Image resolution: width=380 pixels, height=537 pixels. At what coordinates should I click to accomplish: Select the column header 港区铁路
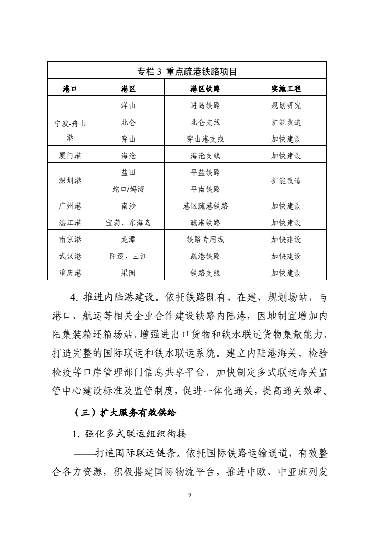(x=205, y=89)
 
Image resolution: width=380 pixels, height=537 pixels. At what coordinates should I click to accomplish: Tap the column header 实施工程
(x=286, y=89)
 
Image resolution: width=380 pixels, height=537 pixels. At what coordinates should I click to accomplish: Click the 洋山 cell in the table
(x=128, y=106)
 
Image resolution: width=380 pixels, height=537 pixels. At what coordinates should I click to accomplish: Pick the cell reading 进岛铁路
(x=205, y=106)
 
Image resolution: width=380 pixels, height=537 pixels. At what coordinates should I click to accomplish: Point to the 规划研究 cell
(x=286, y=106)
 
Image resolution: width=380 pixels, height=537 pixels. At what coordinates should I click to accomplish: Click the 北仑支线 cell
(x=205, y=123)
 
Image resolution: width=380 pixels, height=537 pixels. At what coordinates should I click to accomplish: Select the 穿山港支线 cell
(x=205, y=139)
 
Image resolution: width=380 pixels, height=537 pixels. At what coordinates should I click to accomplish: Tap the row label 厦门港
(x=70, y=156)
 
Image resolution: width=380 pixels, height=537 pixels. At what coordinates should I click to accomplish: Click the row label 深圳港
(x=70, y=180)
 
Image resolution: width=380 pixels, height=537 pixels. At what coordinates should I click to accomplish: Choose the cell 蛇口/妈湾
(x=128, y=189)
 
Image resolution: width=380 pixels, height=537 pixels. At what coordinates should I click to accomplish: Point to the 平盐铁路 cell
(x=205, y=172)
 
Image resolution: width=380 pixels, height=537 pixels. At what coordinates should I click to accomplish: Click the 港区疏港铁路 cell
(x=205, y=206)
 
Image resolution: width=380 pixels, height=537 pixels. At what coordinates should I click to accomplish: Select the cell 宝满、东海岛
(x=128, y=223)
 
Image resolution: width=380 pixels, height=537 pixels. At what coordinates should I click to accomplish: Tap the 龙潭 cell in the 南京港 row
(x=128, y=240)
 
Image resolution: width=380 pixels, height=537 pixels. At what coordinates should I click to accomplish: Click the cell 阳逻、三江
(x=128, y=257)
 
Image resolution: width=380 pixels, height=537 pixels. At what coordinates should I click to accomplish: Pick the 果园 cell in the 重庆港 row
(x=128, y=273)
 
